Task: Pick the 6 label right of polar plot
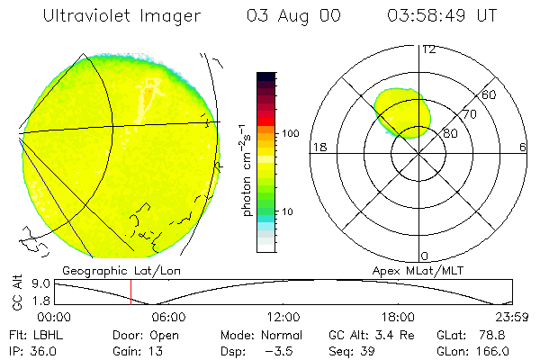(523, 147)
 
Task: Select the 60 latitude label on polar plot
(490, 94)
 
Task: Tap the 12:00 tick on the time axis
(283, 317)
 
